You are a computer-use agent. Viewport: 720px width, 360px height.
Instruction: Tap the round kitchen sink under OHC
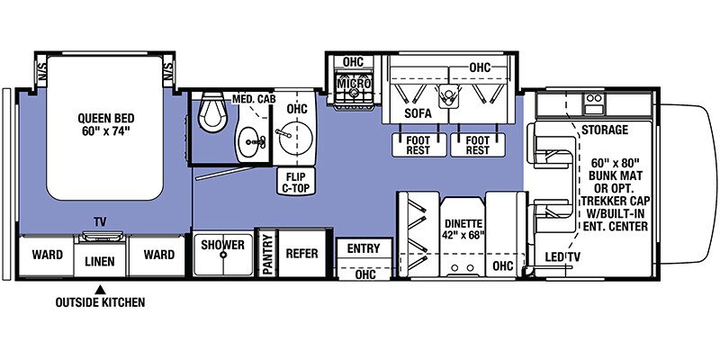pyautogui.click(x=295, y=137)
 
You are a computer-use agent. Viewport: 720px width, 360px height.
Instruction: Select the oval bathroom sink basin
pyautogui.click(x=251, y=143)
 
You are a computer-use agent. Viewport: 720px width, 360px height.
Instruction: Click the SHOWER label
pyautogui.click(x=222, y=245)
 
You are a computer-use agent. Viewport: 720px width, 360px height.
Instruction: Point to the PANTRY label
pyautogui.click(x=267, y=254)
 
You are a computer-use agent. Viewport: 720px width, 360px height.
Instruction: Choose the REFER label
pyautogui.click(x=301, y=254)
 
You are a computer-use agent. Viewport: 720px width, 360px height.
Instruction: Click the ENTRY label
pyautogui.click(x=364, y=248)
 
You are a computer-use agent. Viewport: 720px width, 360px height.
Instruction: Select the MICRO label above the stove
pyautogui.click(x=354, y=84)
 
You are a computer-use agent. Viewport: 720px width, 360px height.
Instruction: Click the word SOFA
pyautogui.click(x=418, y=113)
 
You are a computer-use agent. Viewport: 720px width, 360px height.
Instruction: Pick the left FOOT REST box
pyautogui.click(x=418, y=145)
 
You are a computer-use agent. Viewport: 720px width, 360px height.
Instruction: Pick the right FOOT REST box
pyautogui.click(x=478, y=145)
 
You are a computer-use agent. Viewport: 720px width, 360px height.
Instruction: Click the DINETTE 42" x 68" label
pyautogui.click(x=463, y=230)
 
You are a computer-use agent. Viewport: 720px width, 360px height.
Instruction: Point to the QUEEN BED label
pyautogui.click(x=106, y=118)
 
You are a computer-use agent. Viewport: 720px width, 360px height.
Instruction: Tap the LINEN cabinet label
pyautogui.click(x=100, y=261)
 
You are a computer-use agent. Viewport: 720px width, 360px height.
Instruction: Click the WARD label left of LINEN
pyautogui.click(x=48, y=255)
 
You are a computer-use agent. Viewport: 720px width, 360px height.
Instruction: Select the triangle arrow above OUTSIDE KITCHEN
pyautogui.click(x=100, y=290)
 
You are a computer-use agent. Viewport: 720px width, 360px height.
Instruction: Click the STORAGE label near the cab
pyautogui.click(x=605, y=130)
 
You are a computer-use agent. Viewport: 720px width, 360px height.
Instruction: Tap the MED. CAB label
pyautogui.click(x=252, y=99)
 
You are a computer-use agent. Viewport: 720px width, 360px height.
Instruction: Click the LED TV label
pyautogui.click(x=562, y=256)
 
